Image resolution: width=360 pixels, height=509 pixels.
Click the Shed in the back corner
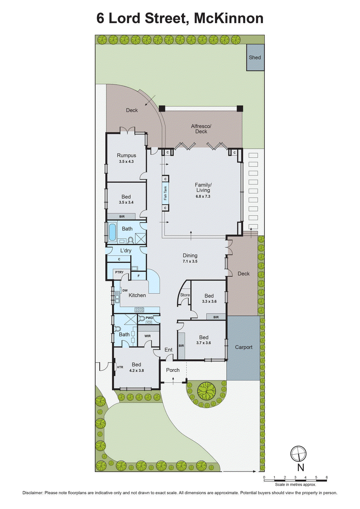tap(255, 58)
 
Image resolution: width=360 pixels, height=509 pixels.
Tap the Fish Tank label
tap(165, 193)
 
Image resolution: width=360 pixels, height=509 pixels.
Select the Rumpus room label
tap(126, 156)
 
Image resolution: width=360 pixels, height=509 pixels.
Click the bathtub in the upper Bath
tap(112, 232)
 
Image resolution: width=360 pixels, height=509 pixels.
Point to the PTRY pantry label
tap(119, 272)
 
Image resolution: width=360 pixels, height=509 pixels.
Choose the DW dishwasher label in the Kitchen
tap(125, 290)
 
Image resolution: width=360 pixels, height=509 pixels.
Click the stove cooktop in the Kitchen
tap(139, 310)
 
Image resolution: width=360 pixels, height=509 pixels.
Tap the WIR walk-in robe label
tap(148, 336)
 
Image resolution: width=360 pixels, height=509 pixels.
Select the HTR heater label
tap(120, 367)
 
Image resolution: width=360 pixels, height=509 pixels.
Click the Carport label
tap(244, 347)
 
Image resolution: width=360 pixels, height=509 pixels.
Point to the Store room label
tap(185, 295)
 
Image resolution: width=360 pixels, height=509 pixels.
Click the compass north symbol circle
tap(298, 453)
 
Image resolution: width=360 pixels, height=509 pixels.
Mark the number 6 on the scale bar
tap(326, 477)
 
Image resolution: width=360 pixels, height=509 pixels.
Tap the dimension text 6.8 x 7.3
tap(203, 196)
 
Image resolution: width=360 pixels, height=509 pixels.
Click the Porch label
tap(173, 370)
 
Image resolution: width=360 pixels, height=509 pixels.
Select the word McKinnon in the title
tap(229, 18)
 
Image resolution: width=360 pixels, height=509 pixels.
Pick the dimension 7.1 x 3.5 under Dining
tap(190, 261)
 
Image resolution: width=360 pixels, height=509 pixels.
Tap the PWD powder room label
tap(149, 318)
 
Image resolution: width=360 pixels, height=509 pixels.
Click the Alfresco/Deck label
tap(201, 129)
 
